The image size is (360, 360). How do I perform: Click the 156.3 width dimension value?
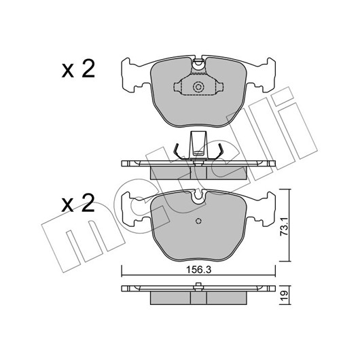coord(198,270)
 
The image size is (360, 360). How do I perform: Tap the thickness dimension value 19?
coord(285,295)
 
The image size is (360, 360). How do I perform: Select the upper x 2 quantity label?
coord(78,69)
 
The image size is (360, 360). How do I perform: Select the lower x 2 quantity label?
coord(78,203)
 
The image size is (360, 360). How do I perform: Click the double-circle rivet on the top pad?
coord(198,87)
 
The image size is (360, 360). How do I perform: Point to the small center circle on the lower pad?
coord(198,221)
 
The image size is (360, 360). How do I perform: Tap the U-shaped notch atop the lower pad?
coord(198,196)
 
